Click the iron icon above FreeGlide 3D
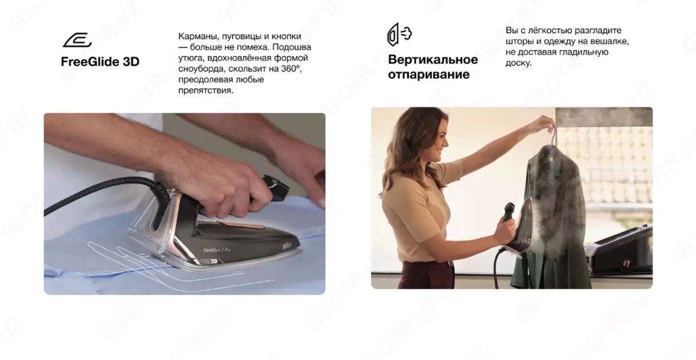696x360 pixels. (77, 40)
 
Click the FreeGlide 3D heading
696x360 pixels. (100, 61)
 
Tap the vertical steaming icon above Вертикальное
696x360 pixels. (399, 34)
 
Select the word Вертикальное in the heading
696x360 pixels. (433, 60)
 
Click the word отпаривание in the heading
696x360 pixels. (429, 75)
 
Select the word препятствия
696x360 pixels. (205, 90)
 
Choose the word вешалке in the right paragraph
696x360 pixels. (610, 41)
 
